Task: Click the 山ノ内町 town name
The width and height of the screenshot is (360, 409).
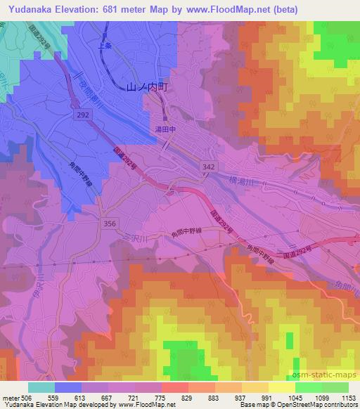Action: click(x=148, y=87)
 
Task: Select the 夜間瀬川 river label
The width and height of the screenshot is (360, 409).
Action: click(x=92, y=88)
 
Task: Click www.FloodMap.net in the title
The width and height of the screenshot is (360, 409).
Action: click(x=231, y=9)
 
